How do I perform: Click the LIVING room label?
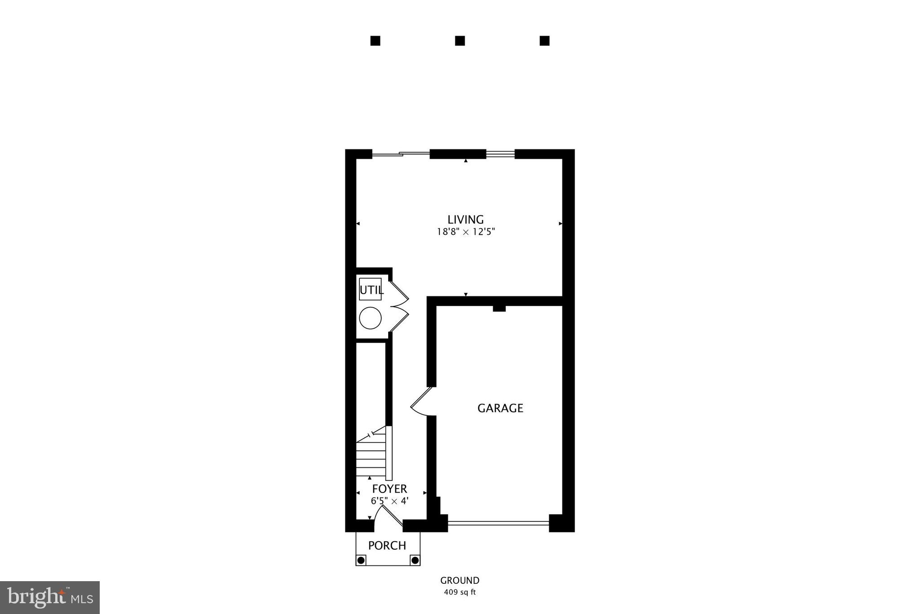click(x=465, y=220)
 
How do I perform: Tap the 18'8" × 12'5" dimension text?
click(x=466, y=232)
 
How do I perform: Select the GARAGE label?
click(x=500, y=408)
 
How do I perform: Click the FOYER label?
click(x=389, y=489)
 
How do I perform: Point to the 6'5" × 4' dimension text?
click(x=389, y=501)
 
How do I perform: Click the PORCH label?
click(x=387, y=546)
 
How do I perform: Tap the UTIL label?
click(x=372, y=290)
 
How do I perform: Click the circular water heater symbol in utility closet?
click(x=370, y=318)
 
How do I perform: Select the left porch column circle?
click(x=361, y=560)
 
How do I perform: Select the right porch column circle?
click(x=415, y=560)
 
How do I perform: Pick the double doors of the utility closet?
click(x=399, y=306)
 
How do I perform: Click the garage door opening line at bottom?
click(x=498, y=523)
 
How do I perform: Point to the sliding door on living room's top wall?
click(x=401, y=154)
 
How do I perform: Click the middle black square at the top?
click(x=460, y=41)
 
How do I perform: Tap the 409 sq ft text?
click(x=460, y=592)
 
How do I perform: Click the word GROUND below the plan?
click(x=460, y=581)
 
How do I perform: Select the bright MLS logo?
click(x=50, y=597)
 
